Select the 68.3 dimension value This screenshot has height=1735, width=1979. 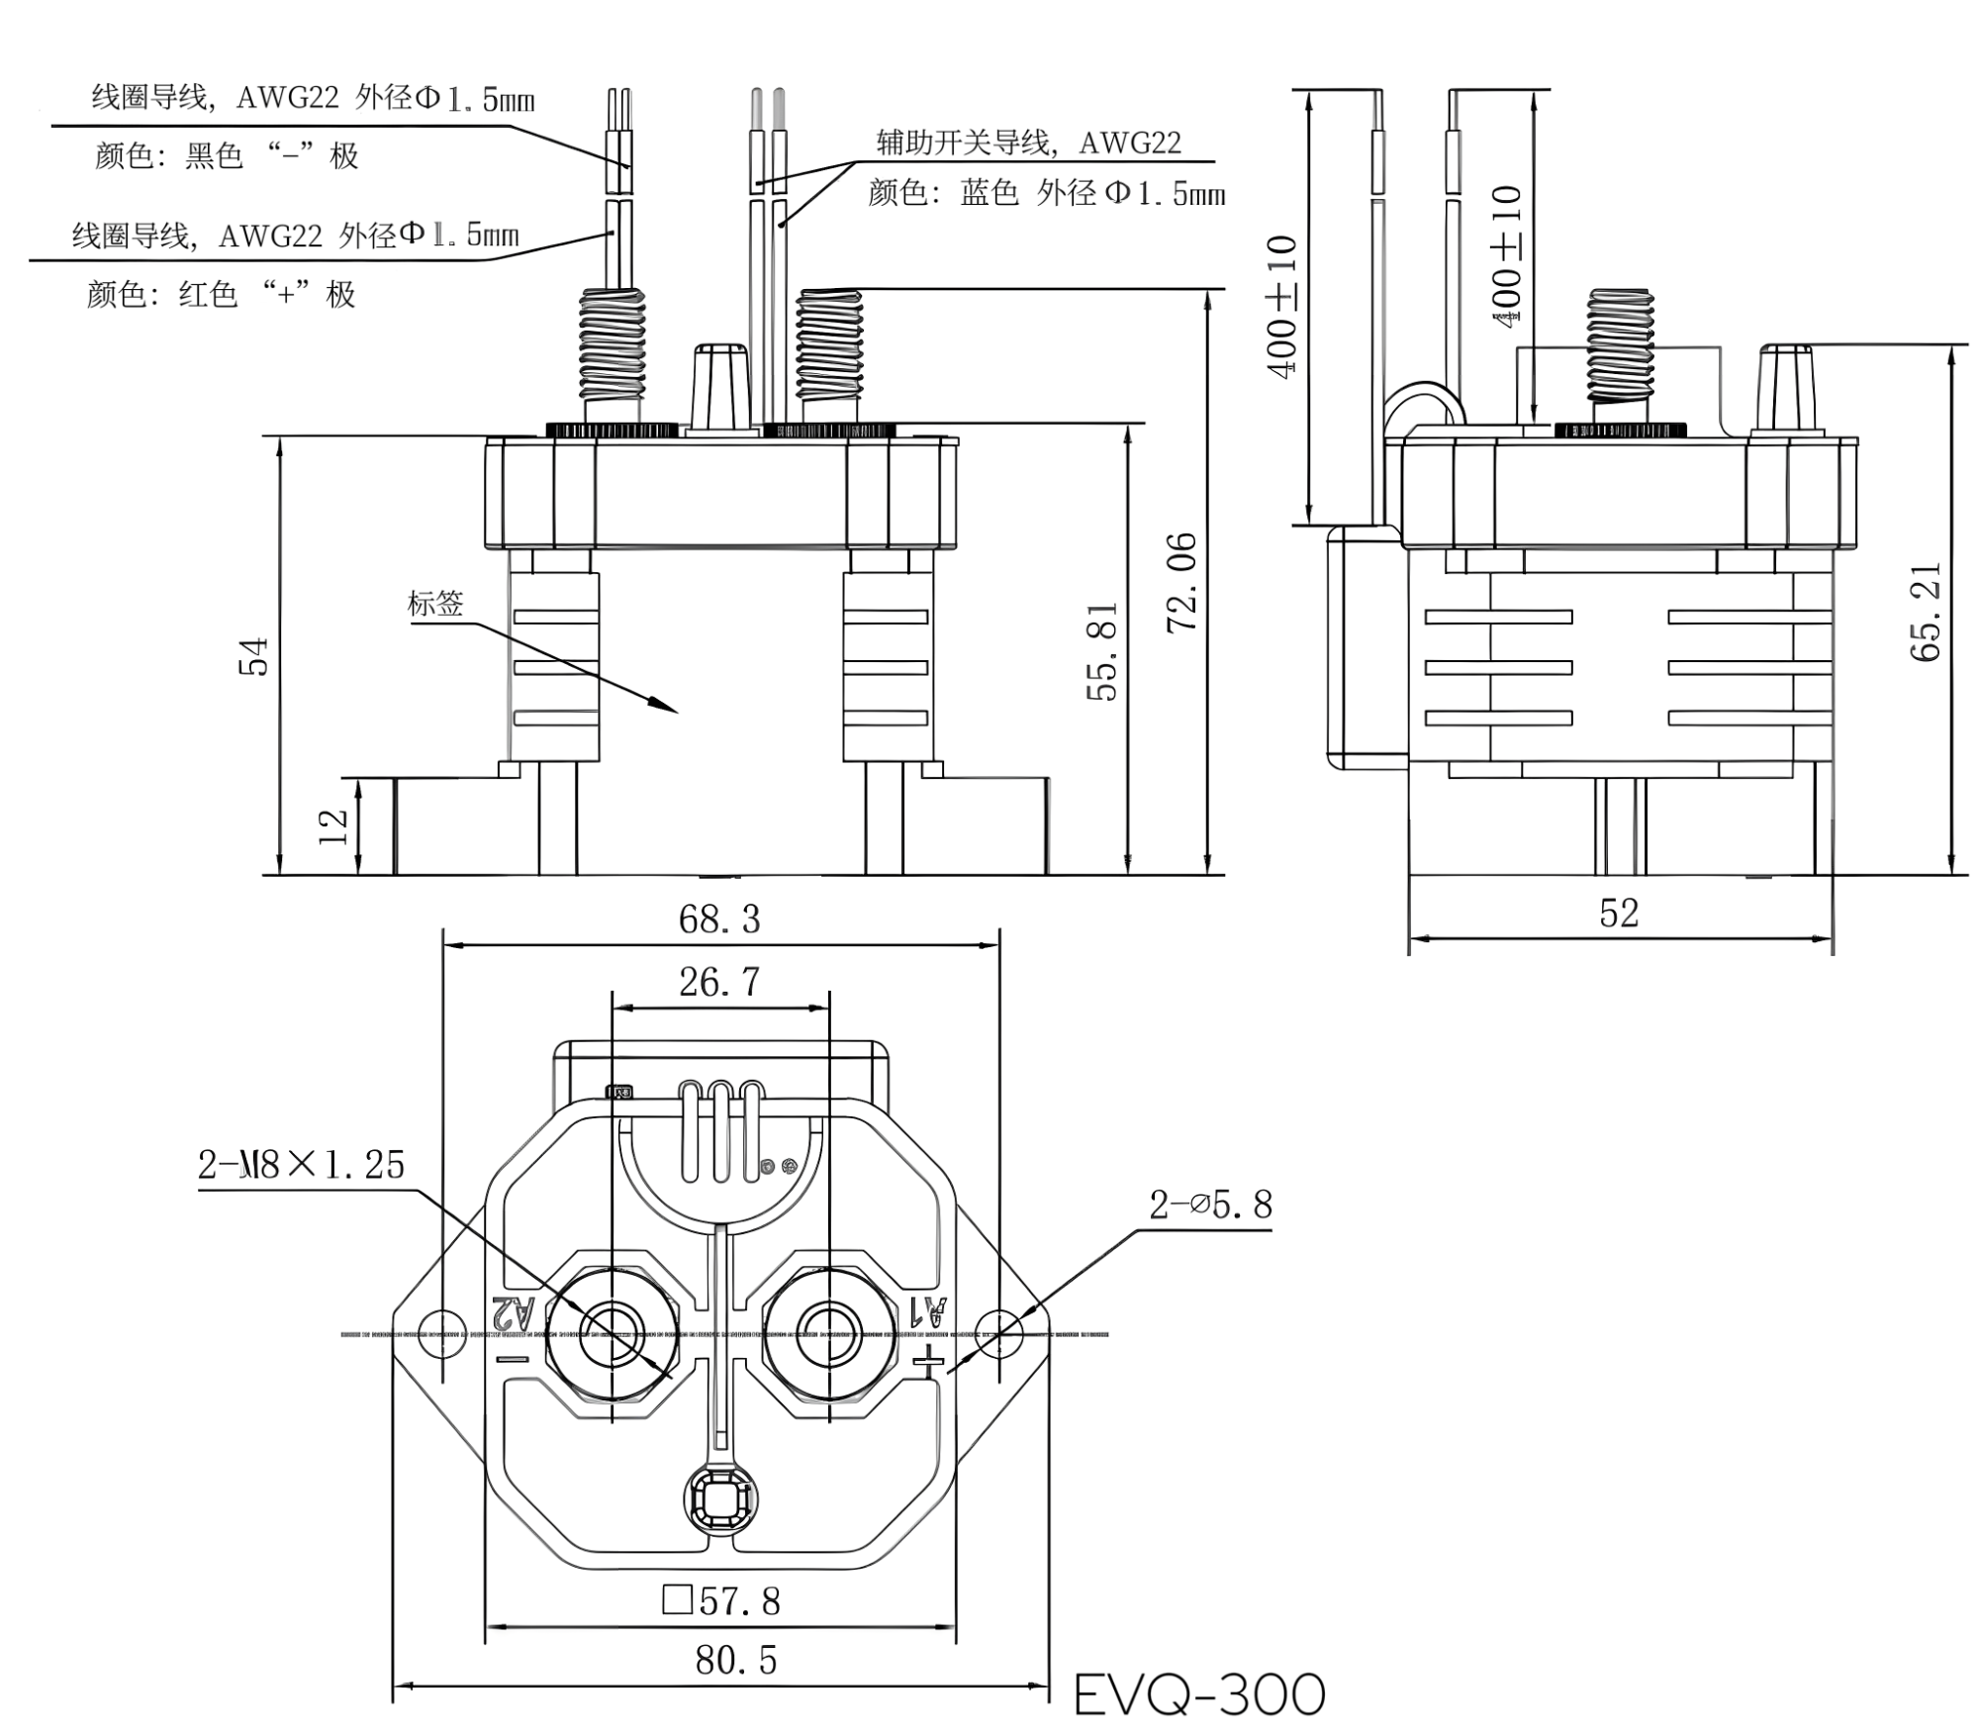point(719,919)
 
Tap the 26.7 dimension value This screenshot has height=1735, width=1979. point(719,982)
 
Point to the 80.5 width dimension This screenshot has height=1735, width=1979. point(735,1660)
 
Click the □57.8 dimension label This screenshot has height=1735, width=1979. point(721,1600)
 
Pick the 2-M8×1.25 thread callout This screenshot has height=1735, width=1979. point(301,1165)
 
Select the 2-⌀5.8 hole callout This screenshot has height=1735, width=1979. point(1210,1205)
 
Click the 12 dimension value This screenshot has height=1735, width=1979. point(333,825)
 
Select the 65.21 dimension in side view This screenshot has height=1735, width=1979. point(1925,612)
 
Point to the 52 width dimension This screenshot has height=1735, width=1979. point(1619,913)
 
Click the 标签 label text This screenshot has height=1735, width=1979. point(435,603)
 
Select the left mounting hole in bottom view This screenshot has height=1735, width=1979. point(442,1334)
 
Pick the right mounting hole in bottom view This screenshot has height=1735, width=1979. point(998,1334)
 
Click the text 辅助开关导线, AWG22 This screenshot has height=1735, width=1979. point(1029,143)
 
